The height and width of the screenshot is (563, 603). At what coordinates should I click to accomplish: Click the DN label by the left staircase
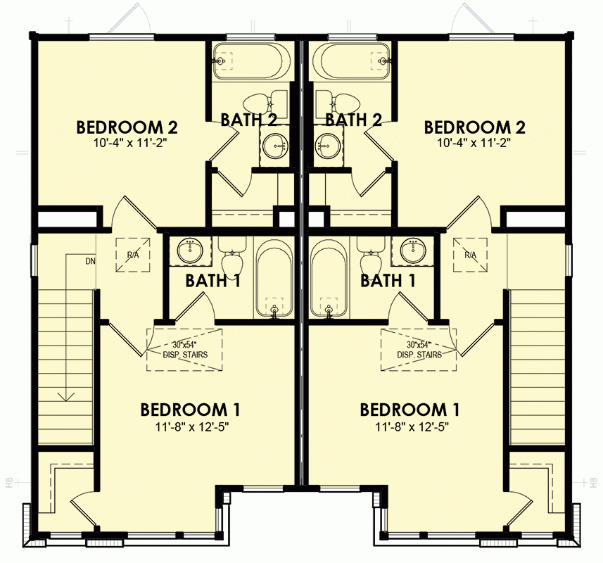click(90, 262)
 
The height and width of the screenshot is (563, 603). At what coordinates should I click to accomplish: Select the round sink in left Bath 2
click(273, 146)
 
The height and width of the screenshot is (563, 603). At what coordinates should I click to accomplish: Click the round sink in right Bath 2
click(328, 146)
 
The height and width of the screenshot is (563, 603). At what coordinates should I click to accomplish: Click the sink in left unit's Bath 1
click(190, 250)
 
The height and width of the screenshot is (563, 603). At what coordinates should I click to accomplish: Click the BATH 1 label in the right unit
click(386, 281)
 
